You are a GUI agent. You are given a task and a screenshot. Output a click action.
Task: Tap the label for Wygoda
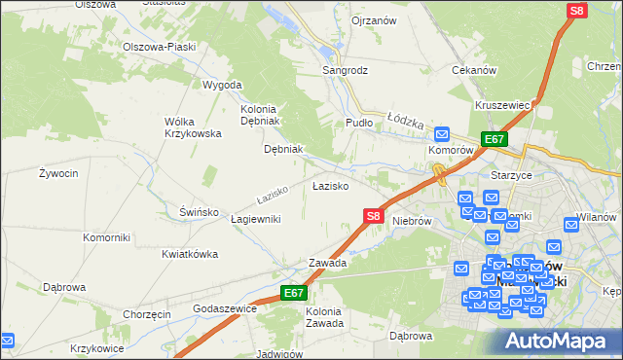coord(221,85)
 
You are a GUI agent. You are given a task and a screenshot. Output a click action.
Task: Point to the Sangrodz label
coord(346,71)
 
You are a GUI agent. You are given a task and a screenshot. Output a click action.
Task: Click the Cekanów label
coord(475,71)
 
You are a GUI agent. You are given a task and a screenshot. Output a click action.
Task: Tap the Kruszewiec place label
coord(502,104)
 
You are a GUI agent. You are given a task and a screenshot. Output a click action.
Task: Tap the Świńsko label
coord(176,211)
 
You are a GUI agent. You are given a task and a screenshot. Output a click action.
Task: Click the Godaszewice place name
coord(225,308)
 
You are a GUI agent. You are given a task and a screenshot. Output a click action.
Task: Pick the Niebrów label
coord(411,221)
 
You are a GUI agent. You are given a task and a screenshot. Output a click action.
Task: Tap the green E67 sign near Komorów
coord(494,139)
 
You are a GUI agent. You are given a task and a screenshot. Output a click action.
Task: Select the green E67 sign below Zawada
coord(295,293)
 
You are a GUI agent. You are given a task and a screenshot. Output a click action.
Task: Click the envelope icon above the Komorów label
coord(442,135)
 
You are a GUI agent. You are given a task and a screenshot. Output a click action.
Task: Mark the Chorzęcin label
coord(147,315)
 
